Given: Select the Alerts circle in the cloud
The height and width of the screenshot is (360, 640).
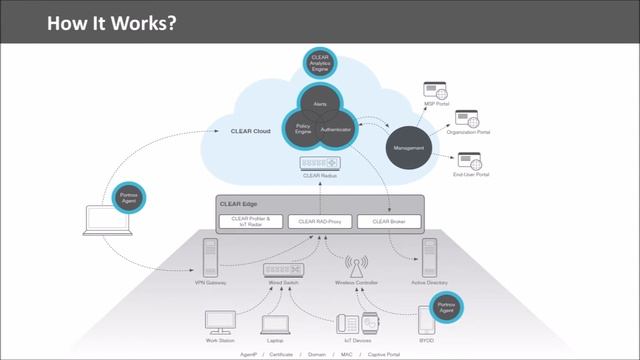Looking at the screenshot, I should pyautogui.click(x=319, y=104).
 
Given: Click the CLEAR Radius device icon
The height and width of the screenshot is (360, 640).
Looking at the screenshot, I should pyautogui.click(x=319, y=162).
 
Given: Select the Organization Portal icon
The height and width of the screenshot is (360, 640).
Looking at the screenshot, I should pyautogui.click(x=466, y=120).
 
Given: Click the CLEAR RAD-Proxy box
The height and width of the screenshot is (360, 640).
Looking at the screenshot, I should pyautogui.click(x=319, y=220).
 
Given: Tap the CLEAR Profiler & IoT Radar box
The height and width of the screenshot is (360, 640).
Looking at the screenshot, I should pyautogui.click(x=250, y=220).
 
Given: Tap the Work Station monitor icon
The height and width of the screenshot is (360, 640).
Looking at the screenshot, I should pyautogui.click(x=219, y=322).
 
